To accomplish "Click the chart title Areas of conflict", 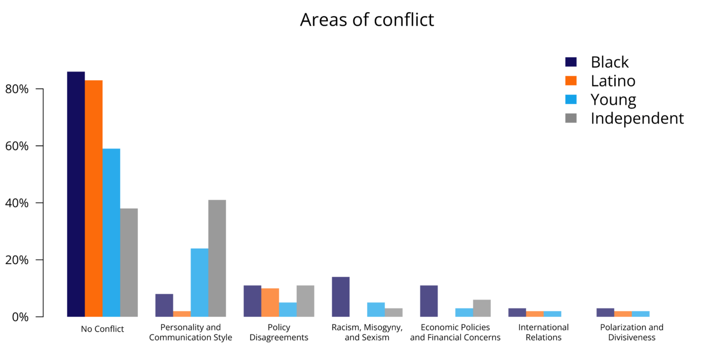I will pyautogui.click(x=367, y=19).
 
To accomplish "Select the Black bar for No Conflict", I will pyautogui.click(x=76, y=194).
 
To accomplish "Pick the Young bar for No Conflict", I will pyautogui.click(x=111, y=233).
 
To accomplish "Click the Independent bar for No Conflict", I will pyautogui.click(x=129, y=263).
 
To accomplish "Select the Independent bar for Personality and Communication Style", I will pyautogui.click(x=217, y=258).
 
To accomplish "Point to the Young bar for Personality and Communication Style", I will pyautogui.click(x=199, y=282).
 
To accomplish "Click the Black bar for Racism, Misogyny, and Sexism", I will pyautogui.click(x=341, y=297).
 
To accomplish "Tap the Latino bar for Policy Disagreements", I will pyautogui.click(x=270, y=302).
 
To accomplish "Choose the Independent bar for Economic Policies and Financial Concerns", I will pyautogui.click(x=482, y=308).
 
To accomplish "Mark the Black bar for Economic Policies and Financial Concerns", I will pyautogui.click(x=429, y=301).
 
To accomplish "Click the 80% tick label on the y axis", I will pyautogui.click(x=25, y=89).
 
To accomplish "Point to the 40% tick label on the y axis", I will pyautogui.click(x=25, y=203).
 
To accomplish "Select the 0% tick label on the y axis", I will pyautogui.click(x=28, y=317).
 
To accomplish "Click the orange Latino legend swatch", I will pyautogui.click(x=571, y=81).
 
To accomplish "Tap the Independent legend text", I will pyautogui.click(x=637, y=119).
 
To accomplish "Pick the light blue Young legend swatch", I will pyautogui.click(x=571, y=100).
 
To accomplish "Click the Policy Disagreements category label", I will pyautogui.click(x=279, y=332).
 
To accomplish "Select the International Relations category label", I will pyautogui.click(x=543, y=332).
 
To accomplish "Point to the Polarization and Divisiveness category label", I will pyautogui.click(x=631, y=332).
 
